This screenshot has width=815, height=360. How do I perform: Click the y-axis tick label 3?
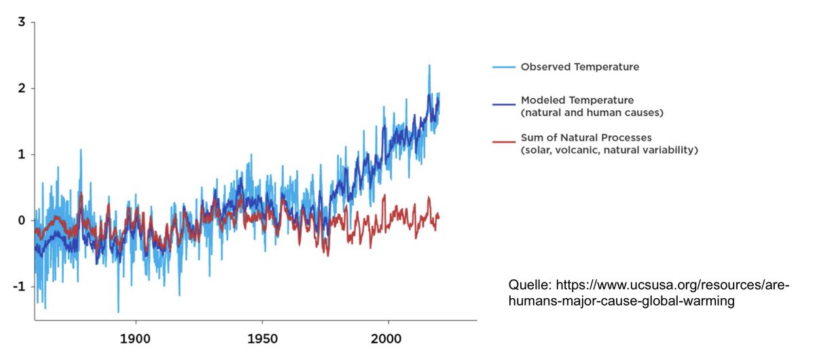click(22, 22)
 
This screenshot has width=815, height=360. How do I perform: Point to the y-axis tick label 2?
click(22, 88)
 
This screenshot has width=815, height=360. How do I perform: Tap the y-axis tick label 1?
click(22, 154)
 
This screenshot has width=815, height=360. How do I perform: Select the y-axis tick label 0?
click(22, 221)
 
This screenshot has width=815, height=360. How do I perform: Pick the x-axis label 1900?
click(136, 338)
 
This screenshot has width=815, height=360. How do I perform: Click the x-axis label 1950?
click(262, 338)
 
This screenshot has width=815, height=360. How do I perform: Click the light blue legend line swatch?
click(503, 67)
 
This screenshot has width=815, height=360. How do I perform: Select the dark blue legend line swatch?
click(503, 105)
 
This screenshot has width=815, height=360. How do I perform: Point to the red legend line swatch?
click(503, 143)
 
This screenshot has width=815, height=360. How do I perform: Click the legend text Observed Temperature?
click(579, 67)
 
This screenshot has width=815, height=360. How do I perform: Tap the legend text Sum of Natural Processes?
click(586, 138)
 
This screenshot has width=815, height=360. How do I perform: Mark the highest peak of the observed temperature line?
click(429, 65)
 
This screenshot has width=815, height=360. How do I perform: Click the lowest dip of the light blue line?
click(118, 312)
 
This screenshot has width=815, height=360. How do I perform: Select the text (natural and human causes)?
click(592, 112)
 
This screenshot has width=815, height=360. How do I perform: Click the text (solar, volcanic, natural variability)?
click(609, 150)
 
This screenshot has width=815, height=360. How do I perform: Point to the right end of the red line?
click(439, 217)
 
